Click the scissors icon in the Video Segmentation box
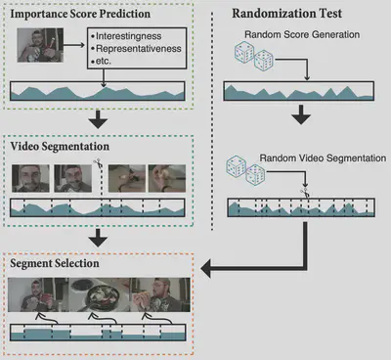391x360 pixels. [x=97, y=165]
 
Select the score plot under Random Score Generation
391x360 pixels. [x=298, y=92]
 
